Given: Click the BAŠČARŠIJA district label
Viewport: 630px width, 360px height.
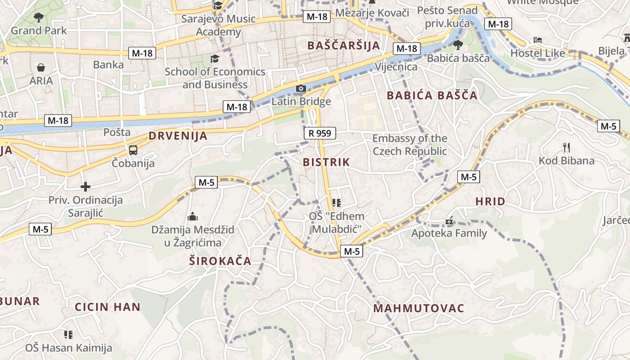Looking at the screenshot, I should pos(344,45).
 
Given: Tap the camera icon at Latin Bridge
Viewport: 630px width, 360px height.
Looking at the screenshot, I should pos(301,89).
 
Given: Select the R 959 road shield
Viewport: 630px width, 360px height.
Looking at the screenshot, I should pos(320,133).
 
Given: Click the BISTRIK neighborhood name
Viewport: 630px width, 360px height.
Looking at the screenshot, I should pos(326,162).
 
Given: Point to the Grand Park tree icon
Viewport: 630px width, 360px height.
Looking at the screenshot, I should pos(39,18).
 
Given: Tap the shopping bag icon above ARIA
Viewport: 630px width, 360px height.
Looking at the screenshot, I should pos(41,68).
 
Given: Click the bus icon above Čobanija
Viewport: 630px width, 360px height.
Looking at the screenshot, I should pos(133,150).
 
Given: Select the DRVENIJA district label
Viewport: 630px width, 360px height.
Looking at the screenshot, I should pos(178,136).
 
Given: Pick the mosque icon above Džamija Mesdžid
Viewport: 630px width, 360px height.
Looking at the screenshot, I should pos(193,217).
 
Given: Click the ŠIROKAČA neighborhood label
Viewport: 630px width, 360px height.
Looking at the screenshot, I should pos(220,261).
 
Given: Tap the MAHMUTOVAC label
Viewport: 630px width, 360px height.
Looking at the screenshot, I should pos(418,308).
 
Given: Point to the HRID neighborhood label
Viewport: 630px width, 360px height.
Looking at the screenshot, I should pos(490,202).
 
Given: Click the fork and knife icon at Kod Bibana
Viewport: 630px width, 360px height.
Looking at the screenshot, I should pos(567,147).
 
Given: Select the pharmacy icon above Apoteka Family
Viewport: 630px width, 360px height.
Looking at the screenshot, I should pos(449,221).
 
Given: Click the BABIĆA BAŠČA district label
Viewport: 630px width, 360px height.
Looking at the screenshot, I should pos(432,95).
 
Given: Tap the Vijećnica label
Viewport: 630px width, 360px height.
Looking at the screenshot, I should pos(396,67).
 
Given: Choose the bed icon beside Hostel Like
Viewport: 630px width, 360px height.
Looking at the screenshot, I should pos(538,40).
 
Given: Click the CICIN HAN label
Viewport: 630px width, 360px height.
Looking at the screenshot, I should pos(108,307).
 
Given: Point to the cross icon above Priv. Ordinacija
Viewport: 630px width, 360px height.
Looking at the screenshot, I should pos(85,186).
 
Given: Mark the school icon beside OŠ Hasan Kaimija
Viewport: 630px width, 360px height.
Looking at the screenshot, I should pos(68,334).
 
